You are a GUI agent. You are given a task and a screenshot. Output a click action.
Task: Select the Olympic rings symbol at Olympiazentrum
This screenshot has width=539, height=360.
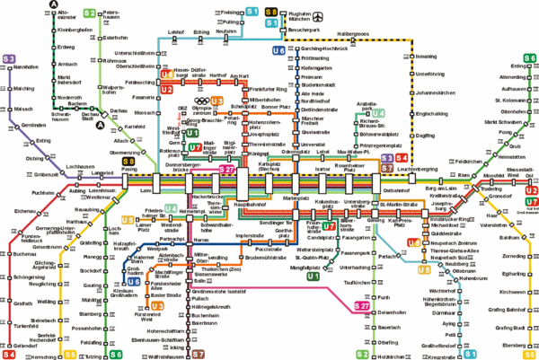point(205,101)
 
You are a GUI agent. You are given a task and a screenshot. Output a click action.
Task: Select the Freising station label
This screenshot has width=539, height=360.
point(208,12)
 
